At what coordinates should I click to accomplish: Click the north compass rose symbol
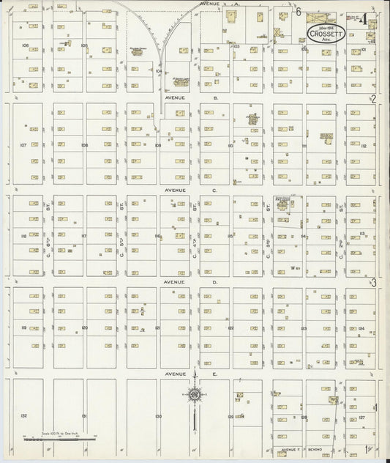point(195,396)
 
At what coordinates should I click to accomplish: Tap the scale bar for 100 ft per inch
point(59,437)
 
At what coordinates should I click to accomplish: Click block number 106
point(25,45)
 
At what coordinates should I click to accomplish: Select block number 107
point(23,145)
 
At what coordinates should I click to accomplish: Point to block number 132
point(23,415)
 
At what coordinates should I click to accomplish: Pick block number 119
point(23,327)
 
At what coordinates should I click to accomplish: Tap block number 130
point(158,416)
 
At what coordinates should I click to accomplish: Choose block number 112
point(363,145)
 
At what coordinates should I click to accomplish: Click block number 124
point(361,328)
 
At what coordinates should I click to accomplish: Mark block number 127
point(361,417)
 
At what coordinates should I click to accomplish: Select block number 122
point(230,327)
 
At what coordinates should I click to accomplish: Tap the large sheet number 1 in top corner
point(364,19)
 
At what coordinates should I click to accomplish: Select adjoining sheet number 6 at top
point(299,11)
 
